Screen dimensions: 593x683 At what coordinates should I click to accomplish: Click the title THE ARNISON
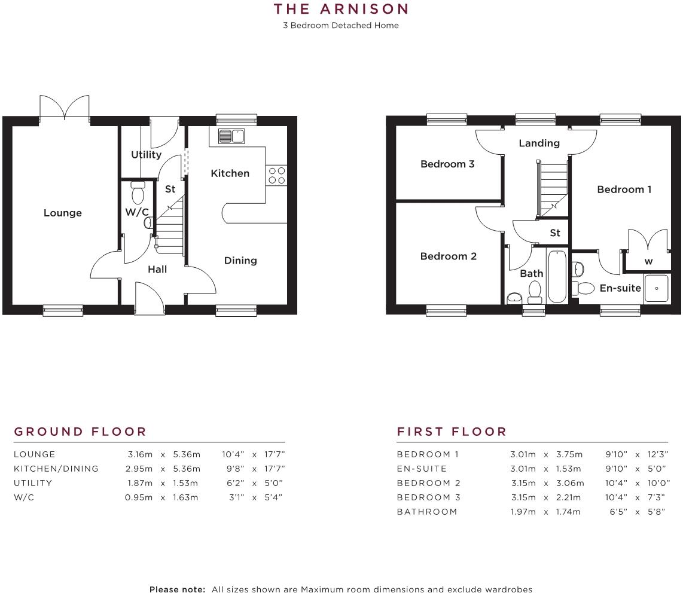click(341, 9)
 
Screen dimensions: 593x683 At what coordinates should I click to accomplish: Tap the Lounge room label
click(63, 213)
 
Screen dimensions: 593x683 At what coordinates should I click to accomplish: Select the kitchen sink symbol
click(231, 136)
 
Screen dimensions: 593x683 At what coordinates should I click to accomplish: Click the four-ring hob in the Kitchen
click(277, 175)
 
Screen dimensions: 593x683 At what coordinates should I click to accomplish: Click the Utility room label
click(146, 155)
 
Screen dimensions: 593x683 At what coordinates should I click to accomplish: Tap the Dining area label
click(240, 261)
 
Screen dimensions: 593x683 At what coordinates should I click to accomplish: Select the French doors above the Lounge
click(65, 108)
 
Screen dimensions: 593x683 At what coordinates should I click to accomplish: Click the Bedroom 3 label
click(447, 164)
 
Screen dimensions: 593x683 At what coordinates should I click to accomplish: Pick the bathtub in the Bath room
click(557, 277)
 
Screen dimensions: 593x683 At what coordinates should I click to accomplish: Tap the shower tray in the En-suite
click(657, 288)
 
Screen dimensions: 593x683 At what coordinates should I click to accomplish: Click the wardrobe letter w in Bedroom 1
click(648, 261)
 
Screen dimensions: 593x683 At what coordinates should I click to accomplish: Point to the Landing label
click(539, 143)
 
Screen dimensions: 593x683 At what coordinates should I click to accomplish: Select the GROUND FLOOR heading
click(80, 432)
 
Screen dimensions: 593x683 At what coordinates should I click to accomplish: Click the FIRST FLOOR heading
click(452, 432)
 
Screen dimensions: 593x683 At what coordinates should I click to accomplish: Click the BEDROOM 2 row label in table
click(429, 483)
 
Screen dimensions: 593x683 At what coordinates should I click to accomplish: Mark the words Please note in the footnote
click(177, 589)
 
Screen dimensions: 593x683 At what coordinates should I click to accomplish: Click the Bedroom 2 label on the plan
click(448, 256)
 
